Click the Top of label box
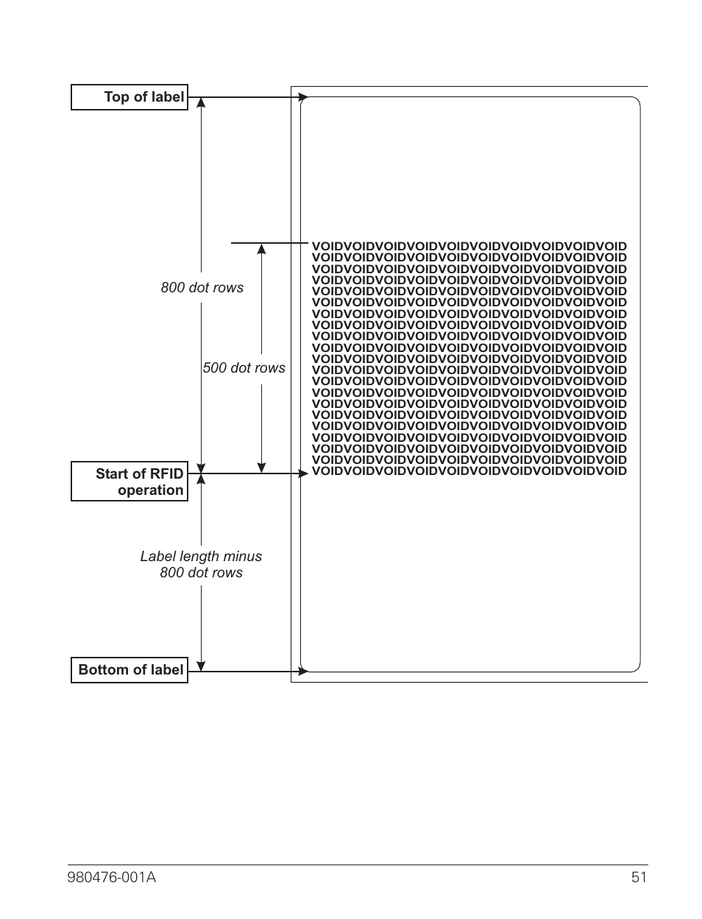tap(130, 97)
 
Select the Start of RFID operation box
tap(130, 482)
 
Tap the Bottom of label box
tap(130, 670)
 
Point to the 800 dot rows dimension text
tap(202, 288)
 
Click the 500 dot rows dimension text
tap(244, 368)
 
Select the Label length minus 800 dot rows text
tap(201, 565)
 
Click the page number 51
tap(639, 877)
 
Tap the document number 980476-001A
tap(112, 877)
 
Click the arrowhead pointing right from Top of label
tap(303, 97)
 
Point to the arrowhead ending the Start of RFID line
tap(303, 473)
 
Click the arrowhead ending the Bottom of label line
tap(303, 671)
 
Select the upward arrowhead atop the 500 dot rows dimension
tap(261, 249)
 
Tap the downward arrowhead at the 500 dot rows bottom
tap(261, 468)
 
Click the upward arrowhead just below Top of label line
tap(201, 103)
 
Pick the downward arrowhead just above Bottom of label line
tap(201, 666)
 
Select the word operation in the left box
tap(150, 490)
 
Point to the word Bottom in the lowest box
tap(102, 670)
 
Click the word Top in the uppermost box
tap(116, 97)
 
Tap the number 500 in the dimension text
tap(215, 368)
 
